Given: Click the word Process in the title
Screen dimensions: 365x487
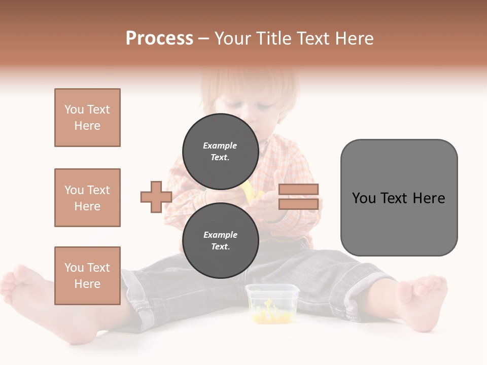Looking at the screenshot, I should [159, 39].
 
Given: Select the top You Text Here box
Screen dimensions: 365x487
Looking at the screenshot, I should [87, 118].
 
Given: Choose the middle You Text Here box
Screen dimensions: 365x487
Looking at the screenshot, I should [87, 198].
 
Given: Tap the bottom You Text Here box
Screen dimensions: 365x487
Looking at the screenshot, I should [87, 276].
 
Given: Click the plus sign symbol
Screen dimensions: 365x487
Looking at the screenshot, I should [156, 197].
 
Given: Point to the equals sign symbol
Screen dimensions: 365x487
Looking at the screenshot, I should [298, 197].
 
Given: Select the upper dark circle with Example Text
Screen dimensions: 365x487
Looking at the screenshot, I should [220, 151].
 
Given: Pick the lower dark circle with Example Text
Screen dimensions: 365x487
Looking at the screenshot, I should [220, 240].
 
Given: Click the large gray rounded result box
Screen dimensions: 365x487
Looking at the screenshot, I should [399, 198].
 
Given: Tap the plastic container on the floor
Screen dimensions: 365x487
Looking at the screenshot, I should [265, 304].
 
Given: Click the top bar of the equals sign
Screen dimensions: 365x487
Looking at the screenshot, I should [298, 190].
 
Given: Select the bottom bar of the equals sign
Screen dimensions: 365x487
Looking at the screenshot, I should [298, 204].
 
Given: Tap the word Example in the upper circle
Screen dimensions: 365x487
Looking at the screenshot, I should [220, 145].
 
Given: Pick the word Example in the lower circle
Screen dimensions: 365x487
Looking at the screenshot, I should [220, 235].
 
